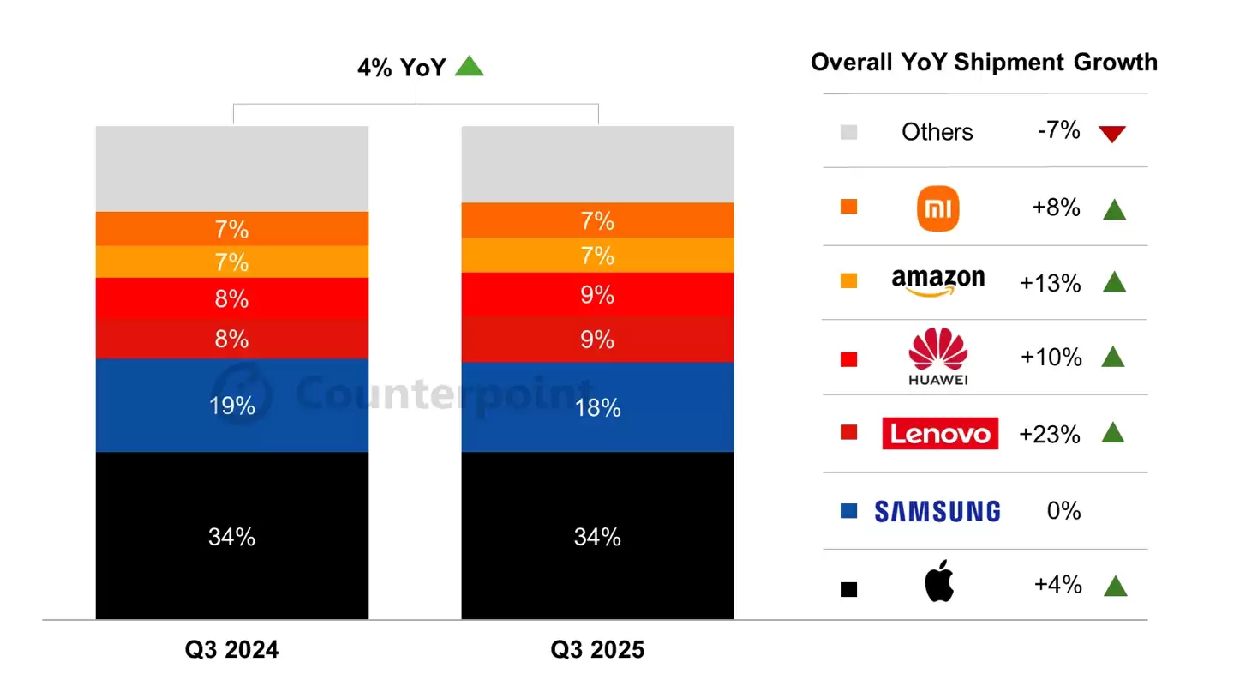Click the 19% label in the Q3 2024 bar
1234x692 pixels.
click(x=231, y=406)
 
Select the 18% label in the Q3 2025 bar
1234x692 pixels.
click(x=597, y=408)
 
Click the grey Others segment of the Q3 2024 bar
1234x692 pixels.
click(x=231, y=168)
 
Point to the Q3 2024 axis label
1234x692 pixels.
click(x=231, y=650)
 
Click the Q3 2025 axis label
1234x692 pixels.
click(x=597, y=650)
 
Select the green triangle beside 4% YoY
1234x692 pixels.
click(x=469, y=66)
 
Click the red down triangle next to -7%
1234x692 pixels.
click(x=1112, y=134)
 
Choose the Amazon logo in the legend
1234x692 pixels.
click(x=937, y=281)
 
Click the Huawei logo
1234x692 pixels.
click(x=937, y=356)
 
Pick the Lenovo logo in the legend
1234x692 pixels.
click(x=940, y=434)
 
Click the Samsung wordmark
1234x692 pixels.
click(x=937, y=512)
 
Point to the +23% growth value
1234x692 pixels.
click(x=1050, y=434)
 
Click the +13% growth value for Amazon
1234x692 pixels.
click(x=1051, y=284)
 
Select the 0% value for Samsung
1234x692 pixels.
click(x=1063, y=511)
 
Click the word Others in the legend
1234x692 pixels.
click(x=937, y=132)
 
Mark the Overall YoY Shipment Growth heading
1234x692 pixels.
click(x=984, y=62)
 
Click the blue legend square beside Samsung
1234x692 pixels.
click(x=848, y=512)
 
